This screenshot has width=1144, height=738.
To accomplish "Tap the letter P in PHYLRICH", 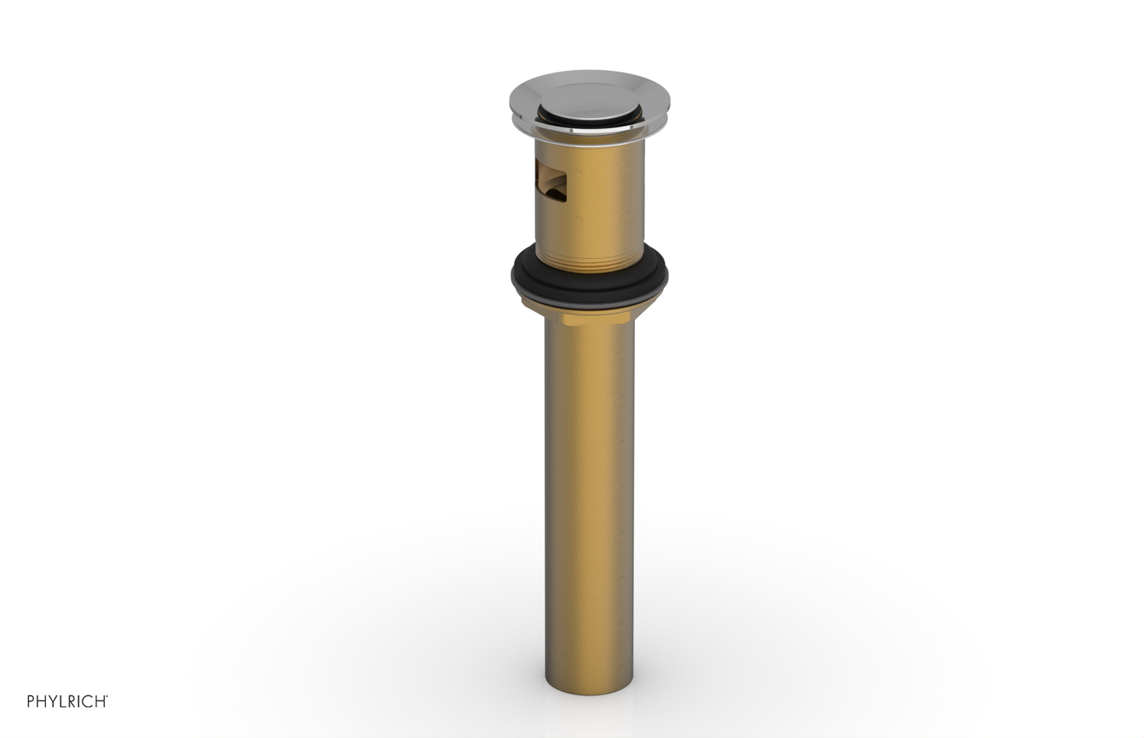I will (31, 701).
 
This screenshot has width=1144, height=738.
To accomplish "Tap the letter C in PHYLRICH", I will (88, 701).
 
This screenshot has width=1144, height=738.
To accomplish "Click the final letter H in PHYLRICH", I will (100, 701).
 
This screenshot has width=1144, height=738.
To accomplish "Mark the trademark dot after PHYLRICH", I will (107, 697).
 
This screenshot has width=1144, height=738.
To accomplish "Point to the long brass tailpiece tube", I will (588, 490).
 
